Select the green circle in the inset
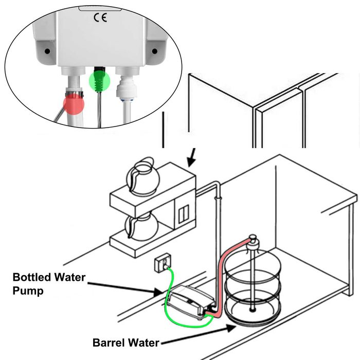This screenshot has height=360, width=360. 100,81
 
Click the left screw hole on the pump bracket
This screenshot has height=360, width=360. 47,52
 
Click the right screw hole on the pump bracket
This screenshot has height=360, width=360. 154,52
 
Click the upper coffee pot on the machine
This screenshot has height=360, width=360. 143,177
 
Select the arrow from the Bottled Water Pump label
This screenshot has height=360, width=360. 129,285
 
